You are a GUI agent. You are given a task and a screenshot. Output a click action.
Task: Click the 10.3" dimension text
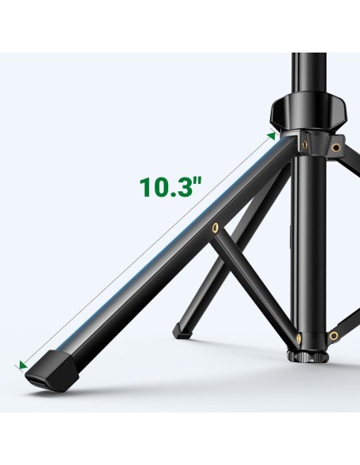coord(170,187)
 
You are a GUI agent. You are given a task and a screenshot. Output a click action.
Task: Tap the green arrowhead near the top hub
coord(272,136)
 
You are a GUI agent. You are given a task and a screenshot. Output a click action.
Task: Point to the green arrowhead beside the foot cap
coord(22,365)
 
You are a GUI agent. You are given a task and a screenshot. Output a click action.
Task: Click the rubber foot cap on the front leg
coord(52,371)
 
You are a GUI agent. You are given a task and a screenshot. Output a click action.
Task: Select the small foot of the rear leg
coord(181,330)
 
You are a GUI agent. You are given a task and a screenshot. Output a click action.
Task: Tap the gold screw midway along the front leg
coord(215,227)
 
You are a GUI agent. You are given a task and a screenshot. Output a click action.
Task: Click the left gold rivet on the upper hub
coord(304,144)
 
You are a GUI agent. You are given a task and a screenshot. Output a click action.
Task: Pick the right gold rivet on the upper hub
coord(335,147)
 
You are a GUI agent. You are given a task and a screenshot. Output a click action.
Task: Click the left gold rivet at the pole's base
coord(299,337)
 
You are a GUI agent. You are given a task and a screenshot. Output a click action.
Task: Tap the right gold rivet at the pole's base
coord(334,336)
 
